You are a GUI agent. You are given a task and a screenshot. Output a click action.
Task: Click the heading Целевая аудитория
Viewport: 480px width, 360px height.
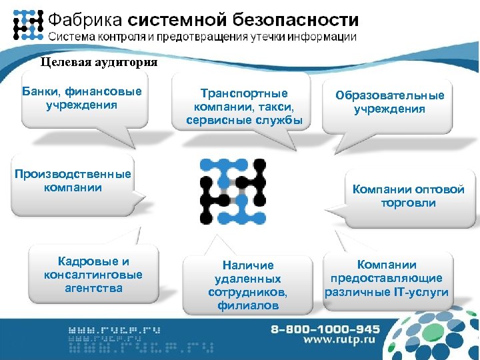(x=99, y=63)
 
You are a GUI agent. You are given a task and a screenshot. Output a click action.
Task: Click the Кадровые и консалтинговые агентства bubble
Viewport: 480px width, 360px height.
(x=93, y=275)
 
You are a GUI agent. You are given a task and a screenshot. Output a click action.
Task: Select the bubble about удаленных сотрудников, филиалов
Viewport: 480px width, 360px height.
(x=248, y=285)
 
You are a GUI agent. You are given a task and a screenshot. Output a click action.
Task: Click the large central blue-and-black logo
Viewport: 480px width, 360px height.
(x=233, y=191)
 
